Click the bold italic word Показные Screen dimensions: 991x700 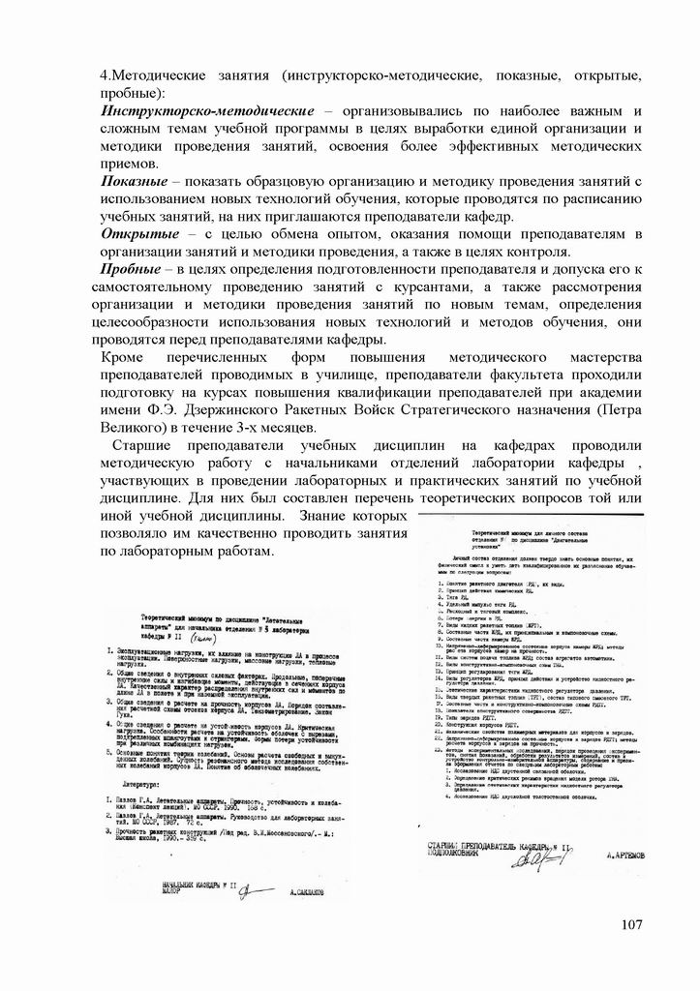(x=139, y=182)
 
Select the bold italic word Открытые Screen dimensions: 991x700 (x=140, y=234)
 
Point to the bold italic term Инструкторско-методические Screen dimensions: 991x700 (x=208, y=112)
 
